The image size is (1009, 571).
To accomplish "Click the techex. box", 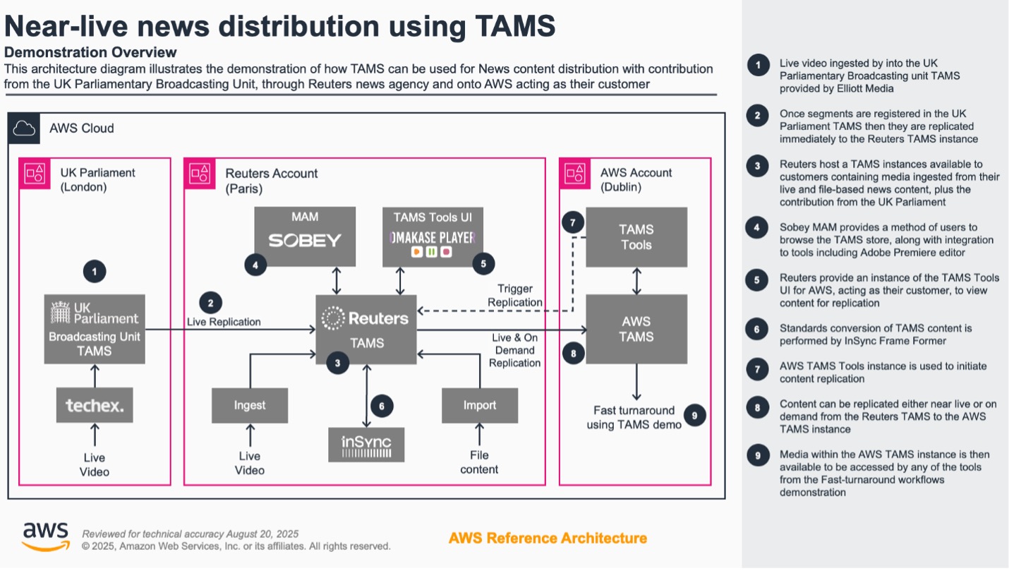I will [x=95, y=405].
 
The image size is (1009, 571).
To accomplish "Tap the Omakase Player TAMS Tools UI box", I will [x=433, y=236].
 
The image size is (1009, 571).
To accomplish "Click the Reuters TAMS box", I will [x=365, y=330].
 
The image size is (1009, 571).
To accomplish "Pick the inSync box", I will [x=366, y=445].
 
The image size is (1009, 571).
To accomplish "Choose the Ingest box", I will [x=250, y=405].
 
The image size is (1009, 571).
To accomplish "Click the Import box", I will [x=480, y=405].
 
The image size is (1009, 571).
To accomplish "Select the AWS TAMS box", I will [x=636, y=329].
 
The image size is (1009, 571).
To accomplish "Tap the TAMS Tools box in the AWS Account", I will [x=636, y=236].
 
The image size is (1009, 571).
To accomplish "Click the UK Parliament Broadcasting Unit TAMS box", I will [x=95, y=329].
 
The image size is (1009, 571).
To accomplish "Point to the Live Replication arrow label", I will [x=224, y=322].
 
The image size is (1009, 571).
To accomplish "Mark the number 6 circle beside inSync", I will [x=382, y=406].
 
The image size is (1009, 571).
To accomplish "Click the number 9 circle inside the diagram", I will [x=694, y=416].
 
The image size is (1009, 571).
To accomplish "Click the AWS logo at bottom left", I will [x=46, y=536].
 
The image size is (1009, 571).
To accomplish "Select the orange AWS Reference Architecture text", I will [x=548, y=538].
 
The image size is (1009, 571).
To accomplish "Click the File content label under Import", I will [x=479, y=462].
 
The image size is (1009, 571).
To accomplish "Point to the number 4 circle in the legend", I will [x=758, y=227].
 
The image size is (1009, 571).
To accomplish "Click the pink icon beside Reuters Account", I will [x=200, y=174].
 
